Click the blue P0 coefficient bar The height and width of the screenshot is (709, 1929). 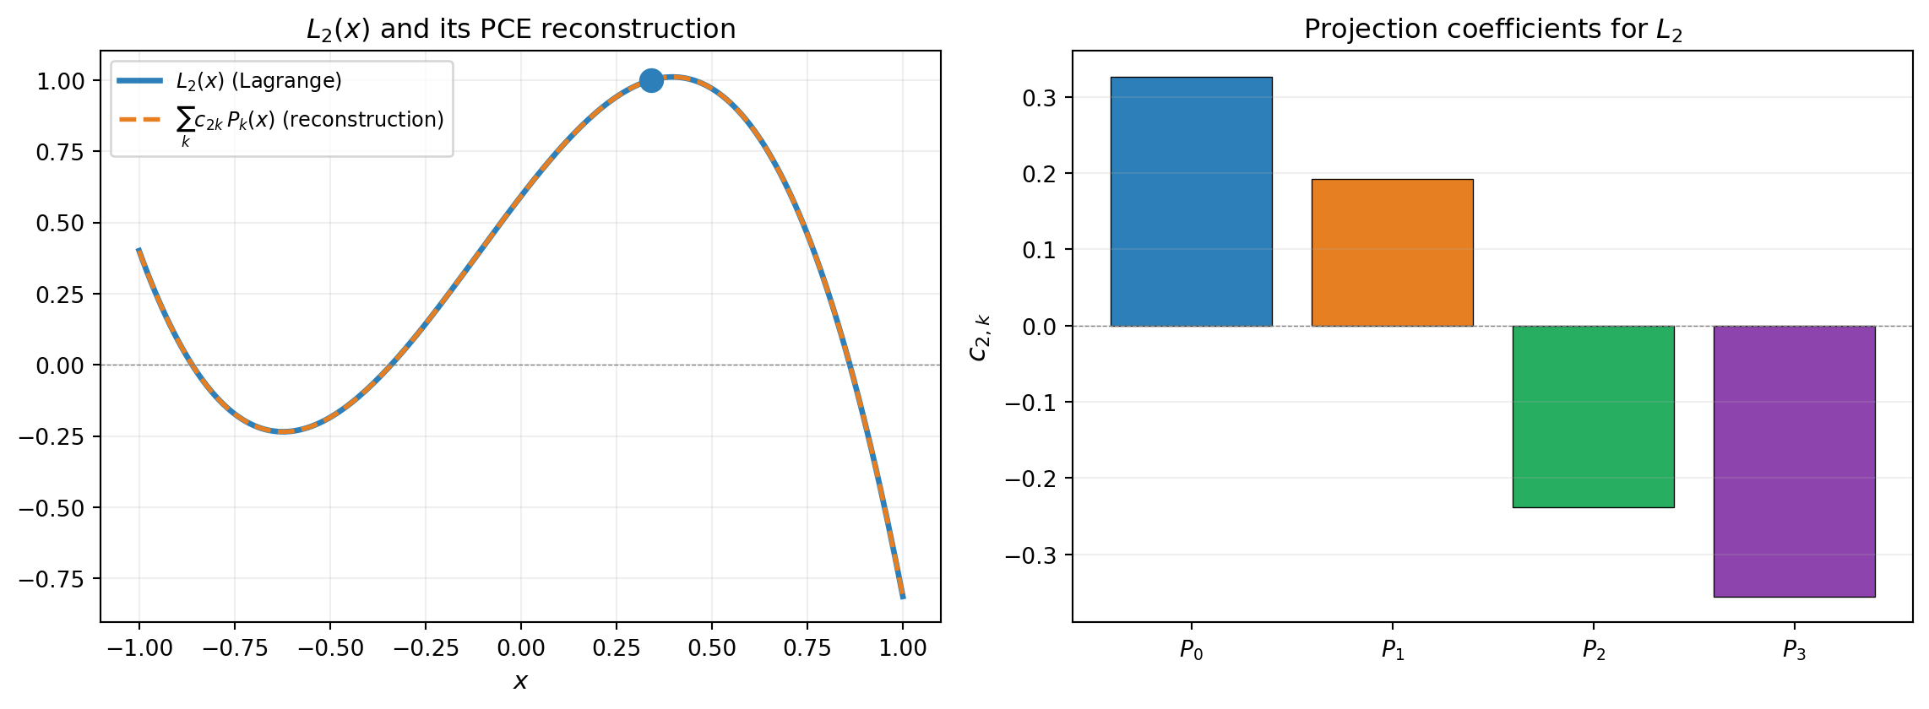pos(1191,202)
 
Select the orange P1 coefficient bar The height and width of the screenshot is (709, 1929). pos(1392,252)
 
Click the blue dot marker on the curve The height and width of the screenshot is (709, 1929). pos(651,81)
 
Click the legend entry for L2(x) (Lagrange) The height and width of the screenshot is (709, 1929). pos(258,81)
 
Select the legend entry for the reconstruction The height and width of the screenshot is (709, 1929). pos(309,121)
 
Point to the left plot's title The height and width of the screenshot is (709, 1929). pos(520,30)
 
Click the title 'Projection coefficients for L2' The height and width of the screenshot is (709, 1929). pos(1492,30)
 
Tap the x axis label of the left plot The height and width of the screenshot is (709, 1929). pos(520,681)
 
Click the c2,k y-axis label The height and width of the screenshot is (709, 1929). pos(980,337)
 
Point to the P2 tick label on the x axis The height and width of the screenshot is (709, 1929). pos(1593,650)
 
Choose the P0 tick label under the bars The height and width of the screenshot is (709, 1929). pos(1191,650)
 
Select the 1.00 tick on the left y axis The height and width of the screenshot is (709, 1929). pos(61,81)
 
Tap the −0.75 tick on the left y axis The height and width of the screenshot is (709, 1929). pos(52,579)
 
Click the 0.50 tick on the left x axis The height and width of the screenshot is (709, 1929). pos(711,648)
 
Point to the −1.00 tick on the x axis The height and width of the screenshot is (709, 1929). pos(139,648)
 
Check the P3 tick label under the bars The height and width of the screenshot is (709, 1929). pos(1794,650)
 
